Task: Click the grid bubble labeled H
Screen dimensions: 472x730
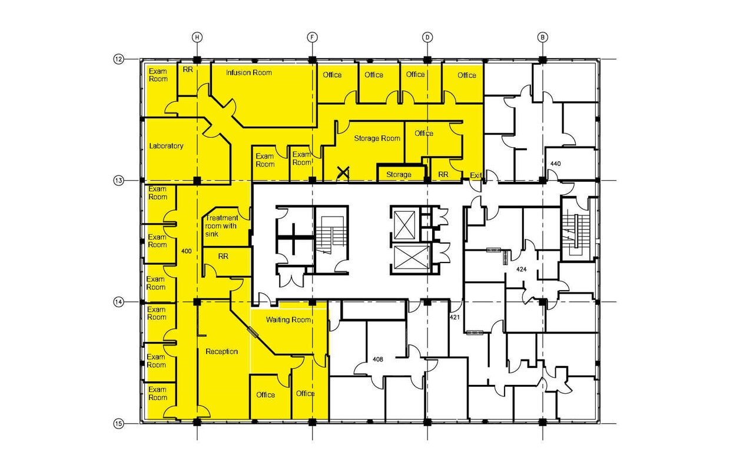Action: click(x=197, y=37)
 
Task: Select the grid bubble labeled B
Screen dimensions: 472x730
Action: click(x=542, y=37)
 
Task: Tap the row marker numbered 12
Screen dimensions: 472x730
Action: click(x=118, y=59)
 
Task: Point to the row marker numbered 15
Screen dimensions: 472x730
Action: click(x=118, y=423)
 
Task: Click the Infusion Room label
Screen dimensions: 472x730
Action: click(x=249, y=72)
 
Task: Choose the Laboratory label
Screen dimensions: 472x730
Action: click(x=166, y=146)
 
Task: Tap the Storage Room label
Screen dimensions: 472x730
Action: click(x=377, y=138)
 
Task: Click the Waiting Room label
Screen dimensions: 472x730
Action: click(x=288, y=320)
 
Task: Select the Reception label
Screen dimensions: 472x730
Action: click(x=221, y=351)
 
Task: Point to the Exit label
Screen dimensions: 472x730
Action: click(x=476, y=175)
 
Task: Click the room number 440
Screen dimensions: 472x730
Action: click(x=555, y=163)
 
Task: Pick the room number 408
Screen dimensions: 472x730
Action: click(x=378, y=359)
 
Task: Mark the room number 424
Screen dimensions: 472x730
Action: click(x=521, y=270)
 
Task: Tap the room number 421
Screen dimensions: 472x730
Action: click(x=454, y=318)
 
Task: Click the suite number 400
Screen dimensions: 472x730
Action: click(x=186, y=251)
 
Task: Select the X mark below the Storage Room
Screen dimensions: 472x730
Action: click(x=342, y=172)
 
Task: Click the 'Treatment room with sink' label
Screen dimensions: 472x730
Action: click(x=221, y=226)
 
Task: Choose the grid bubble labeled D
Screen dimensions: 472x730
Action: click(x=427, y=37)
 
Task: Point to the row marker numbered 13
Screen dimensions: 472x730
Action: click(x=118, y=180)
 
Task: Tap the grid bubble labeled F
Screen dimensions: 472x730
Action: click(x=312, y=37)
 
